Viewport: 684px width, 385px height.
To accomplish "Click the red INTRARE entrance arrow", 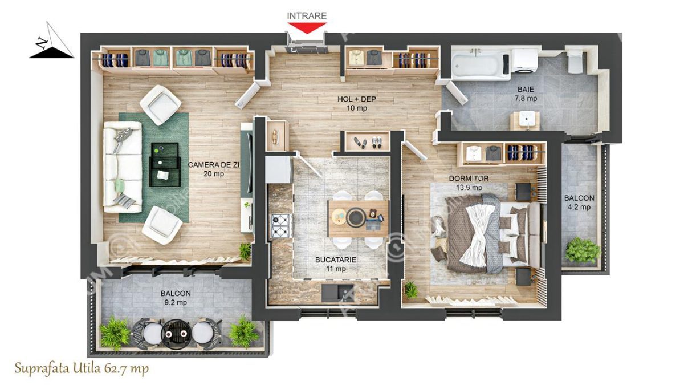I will tap(307, 28).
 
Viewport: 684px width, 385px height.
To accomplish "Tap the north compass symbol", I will tap(50, 43).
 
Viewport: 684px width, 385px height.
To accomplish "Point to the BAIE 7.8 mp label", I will tap(526, 94).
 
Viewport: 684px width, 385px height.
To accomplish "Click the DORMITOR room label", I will tap(469, 182).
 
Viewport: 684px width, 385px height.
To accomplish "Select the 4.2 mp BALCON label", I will tap(579, 202).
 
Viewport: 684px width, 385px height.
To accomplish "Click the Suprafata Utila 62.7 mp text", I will tap(82, 369).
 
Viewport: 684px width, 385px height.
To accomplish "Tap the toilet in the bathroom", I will tap(575, 60).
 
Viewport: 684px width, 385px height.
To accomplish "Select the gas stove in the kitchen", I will tap(281, 225).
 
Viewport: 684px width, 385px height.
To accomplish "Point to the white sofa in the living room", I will tap(121, 169).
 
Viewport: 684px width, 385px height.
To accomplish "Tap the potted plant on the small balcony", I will tap(583, 250).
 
